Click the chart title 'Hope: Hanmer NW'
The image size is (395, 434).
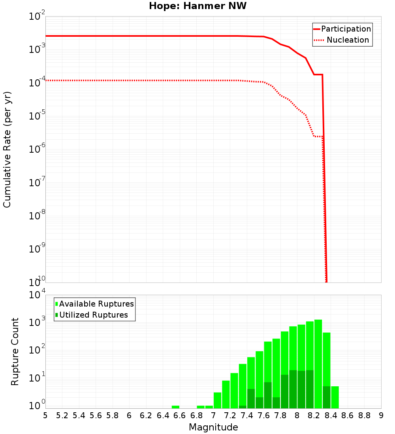197,6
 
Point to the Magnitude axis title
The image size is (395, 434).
213,427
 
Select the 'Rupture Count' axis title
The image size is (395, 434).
15,351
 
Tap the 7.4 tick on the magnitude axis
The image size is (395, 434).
247,415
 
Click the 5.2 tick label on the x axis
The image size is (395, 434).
62,415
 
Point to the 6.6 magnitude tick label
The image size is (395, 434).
180,415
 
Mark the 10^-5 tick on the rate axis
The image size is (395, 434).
36,116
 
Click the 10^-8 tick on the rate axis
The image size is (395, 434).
36,216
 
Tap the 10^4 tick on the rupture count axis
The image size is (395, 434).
38,295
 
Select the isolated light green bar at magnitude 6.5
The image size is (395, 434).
176,407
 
